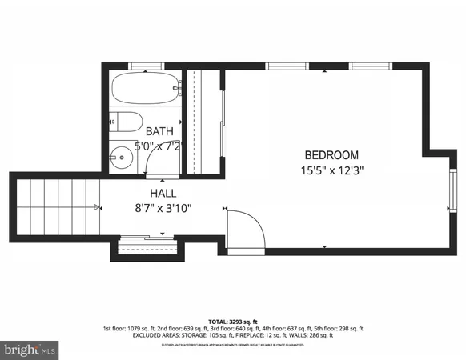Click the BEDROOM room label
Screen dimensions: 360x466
pyautogui.click(x=331, y=154)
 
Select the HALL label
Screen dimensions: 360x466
pyautogui.click(x=163, y=194)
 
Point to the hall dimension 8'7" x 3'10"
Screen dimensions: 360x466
pyautogui.click(x=163, y=209)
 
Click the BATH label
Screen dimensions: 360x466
pyautogui.click(x=159, y=130)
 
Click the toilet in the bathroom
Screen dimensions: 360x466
pyautogui.click(x=126, y=122)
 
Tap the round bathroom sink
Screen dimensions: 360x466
pyautogui.click(x=123, y=157)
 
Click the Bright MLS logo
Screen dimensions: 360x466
pyautogui.click(x=30, y=350)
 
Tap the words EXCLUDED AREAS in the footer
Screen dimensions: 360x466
pyautogui.click(x=158, y=336)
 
